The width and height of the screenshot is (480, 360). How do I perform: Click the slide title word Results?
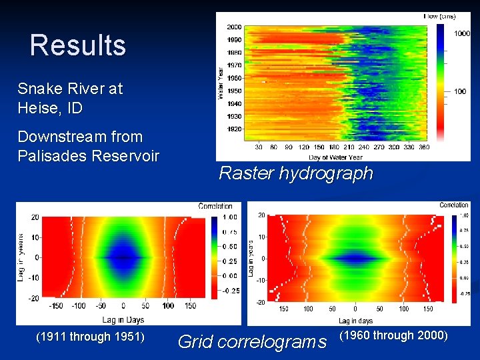point(77,46)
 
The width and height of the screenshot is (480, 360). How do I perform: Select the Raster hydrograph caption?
point(295,174)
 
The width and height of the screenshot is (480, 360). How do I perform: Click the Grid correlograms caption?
point(252,342)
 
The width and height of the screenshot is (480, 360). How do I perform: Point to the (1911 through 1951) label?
point(89,337)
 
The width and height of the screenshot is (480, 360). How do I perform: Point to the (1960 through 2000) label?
point(393,335)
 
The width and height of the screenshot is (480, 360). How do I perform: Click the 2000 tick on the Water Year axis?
point(234,27)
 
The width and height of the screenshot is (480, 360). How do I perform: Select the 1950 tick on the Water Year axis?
point(234,91)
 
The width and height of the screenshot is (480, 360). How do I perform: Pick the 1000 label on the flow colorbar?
point(463,33)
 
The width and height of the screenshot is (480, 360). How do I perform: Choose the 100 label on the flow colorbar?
point(460,91)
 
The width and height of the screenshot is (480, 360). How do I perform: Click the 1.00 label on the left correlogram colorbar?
point(229,217)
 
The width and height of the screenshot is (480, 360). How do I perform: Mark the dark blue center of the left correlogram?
point(123,257)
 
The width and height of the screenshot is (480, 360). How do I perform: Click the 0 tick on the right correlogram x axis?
point(355,309)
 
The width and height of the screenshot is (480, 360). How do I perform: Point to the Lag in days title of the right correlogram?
point(355,321)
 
